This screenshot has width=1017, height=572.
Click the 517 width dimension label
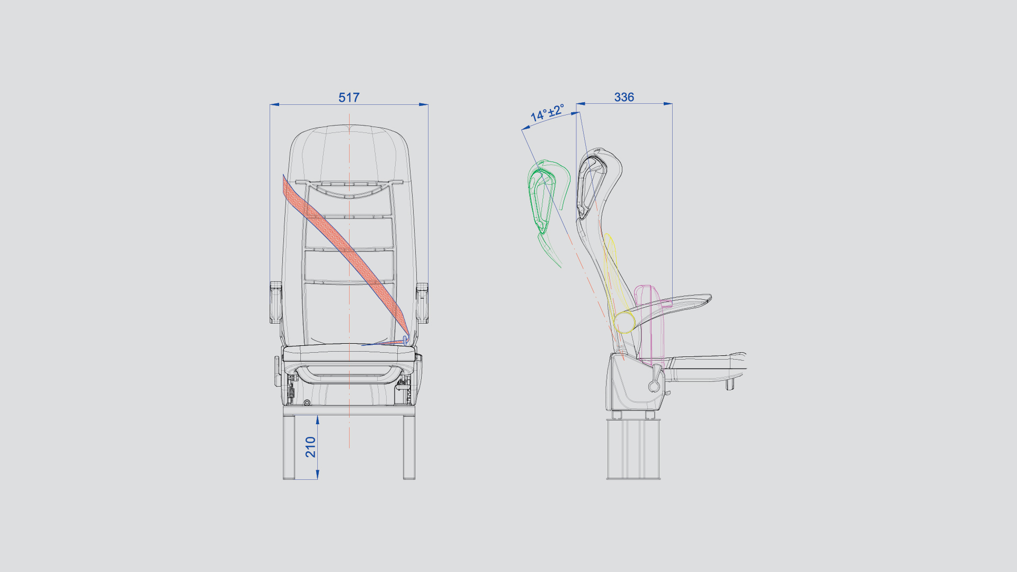pyautogui.click(x=349, y=97)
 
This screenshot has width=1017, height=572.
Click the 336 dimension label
pyautogui.click(x=624, y=97)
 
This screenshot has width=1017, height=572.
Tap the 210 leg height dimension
pyautogui.click(x=310, y=447)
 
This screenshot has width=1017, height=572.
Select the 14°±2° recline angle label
pyautogui.click(x=547, y=112)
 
